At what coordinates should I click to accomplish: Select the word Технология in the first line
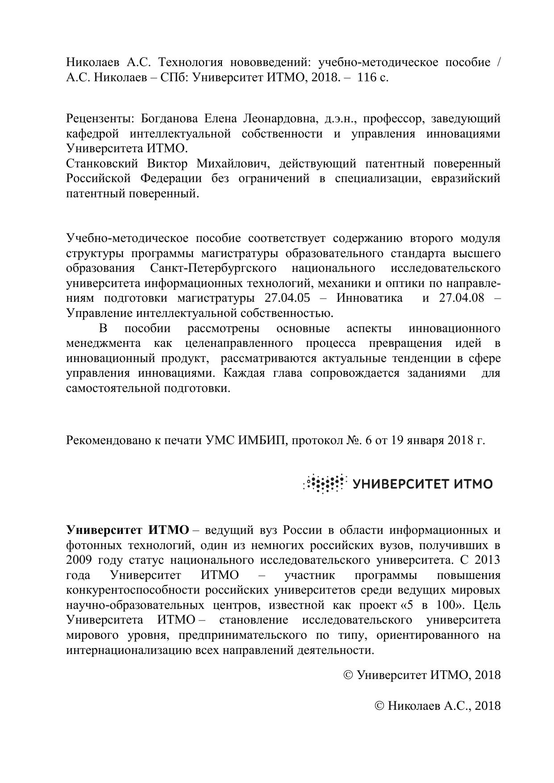(x=189, y=62)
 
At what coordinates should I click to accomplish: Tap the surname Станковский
(x=102, y=164)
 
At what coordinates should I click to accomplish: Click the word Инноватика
(x=369, y=298)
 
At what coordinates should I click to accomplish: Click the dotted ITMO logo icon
(x=325, y=483)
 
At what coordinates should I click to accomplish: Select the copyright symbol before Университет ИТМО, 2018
(x=349, y=675)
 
